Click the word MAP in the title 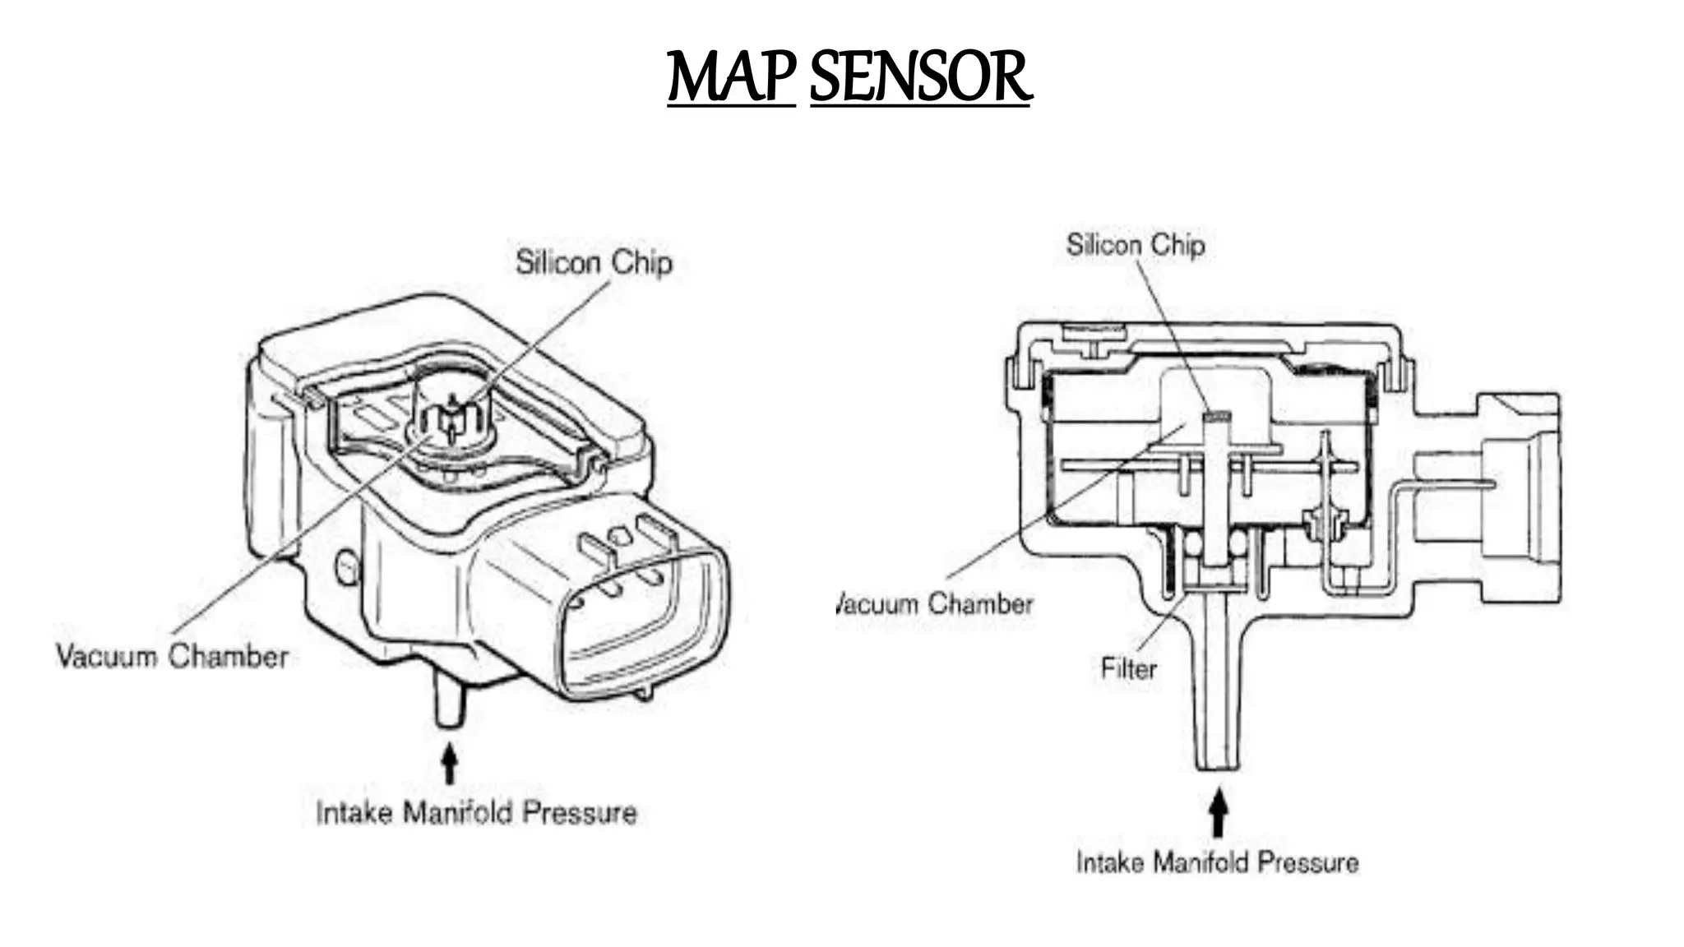point(730,78)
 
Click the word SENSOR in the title point(919,78)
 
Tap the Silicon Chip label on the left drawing point(594,263)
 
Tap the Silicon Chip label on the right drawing point(1136,245)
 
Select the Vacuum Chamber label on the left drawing point(173,657)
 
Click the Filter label point(1128,668)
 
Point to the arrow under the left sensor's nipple point(449,764)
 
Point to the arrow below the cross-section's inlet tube point(1219,812)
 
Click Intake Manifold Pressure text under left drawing point(476,813)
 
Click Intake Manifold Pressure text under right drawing point(1217,862)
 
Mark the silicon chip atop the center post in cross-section point(1216,416)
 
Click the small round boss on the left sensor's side point(348,566)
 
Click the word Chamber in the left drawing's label point(229,657)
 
